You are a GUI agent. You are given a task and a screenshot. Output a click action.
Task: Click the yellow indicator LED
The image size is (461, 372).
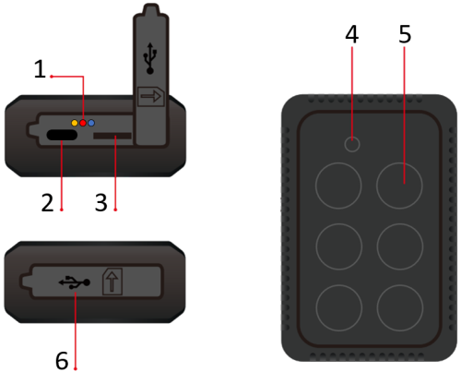[75, 123]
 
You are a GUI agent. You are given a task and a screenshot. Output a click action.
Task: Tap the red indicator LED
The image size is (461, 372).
[83, 123]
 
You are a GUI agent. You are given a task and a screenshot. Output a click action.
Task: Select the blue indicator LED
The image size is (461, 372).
[91, 123]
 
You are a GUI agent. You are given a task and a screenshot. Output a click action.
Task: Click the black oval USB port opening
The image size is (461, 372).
[62, 135]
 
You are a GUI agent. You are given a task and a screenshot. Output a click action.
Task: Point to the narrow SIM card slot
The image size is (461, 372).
[112, 136]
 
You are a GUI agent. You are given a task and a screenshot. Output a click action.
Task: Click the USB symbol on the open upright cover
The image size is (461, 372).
[150, 58]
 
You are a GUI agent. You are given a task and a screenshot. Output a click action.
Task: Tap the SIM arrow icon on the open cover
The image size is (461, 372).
[151, 97]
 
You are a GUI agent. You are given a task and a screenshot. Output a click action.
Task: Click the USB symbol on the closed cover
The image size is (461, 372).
[75, 282]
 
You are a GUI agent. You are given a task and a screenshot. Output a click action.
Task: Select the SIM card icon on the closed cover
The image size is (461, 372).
[112, 282]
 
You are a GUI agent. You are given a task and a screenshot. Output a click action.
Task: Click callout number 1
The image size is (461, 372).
[40, 69]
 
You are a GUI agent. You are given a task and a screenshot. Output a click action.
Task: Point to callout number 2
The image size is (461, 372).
[47, 203]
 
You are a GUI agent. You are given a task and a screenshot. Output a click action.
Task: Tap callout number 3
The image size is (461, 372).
[101, 203]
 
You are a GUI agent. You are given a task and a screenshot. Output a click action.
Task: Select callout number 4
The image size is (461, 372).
[352, 34]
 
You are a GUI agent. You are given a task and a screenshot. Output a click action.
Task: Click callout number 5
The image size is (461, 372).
[405, 34]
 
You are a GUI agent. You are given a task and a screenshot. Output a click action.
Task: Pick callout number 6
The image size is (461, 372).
[62, 360]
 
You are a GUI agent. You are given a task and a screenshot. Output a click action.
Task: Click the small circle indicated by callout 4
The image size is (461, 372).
[352, 144]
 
